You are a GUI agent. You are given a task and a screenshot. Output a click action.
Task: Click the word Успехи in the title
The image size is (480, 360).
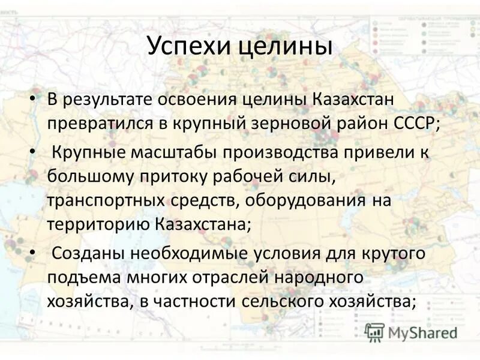[x=187, y=46]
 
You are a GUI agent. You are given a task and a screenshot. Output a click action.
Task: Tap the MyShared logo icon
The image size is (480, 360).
[x=374, y=332]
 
